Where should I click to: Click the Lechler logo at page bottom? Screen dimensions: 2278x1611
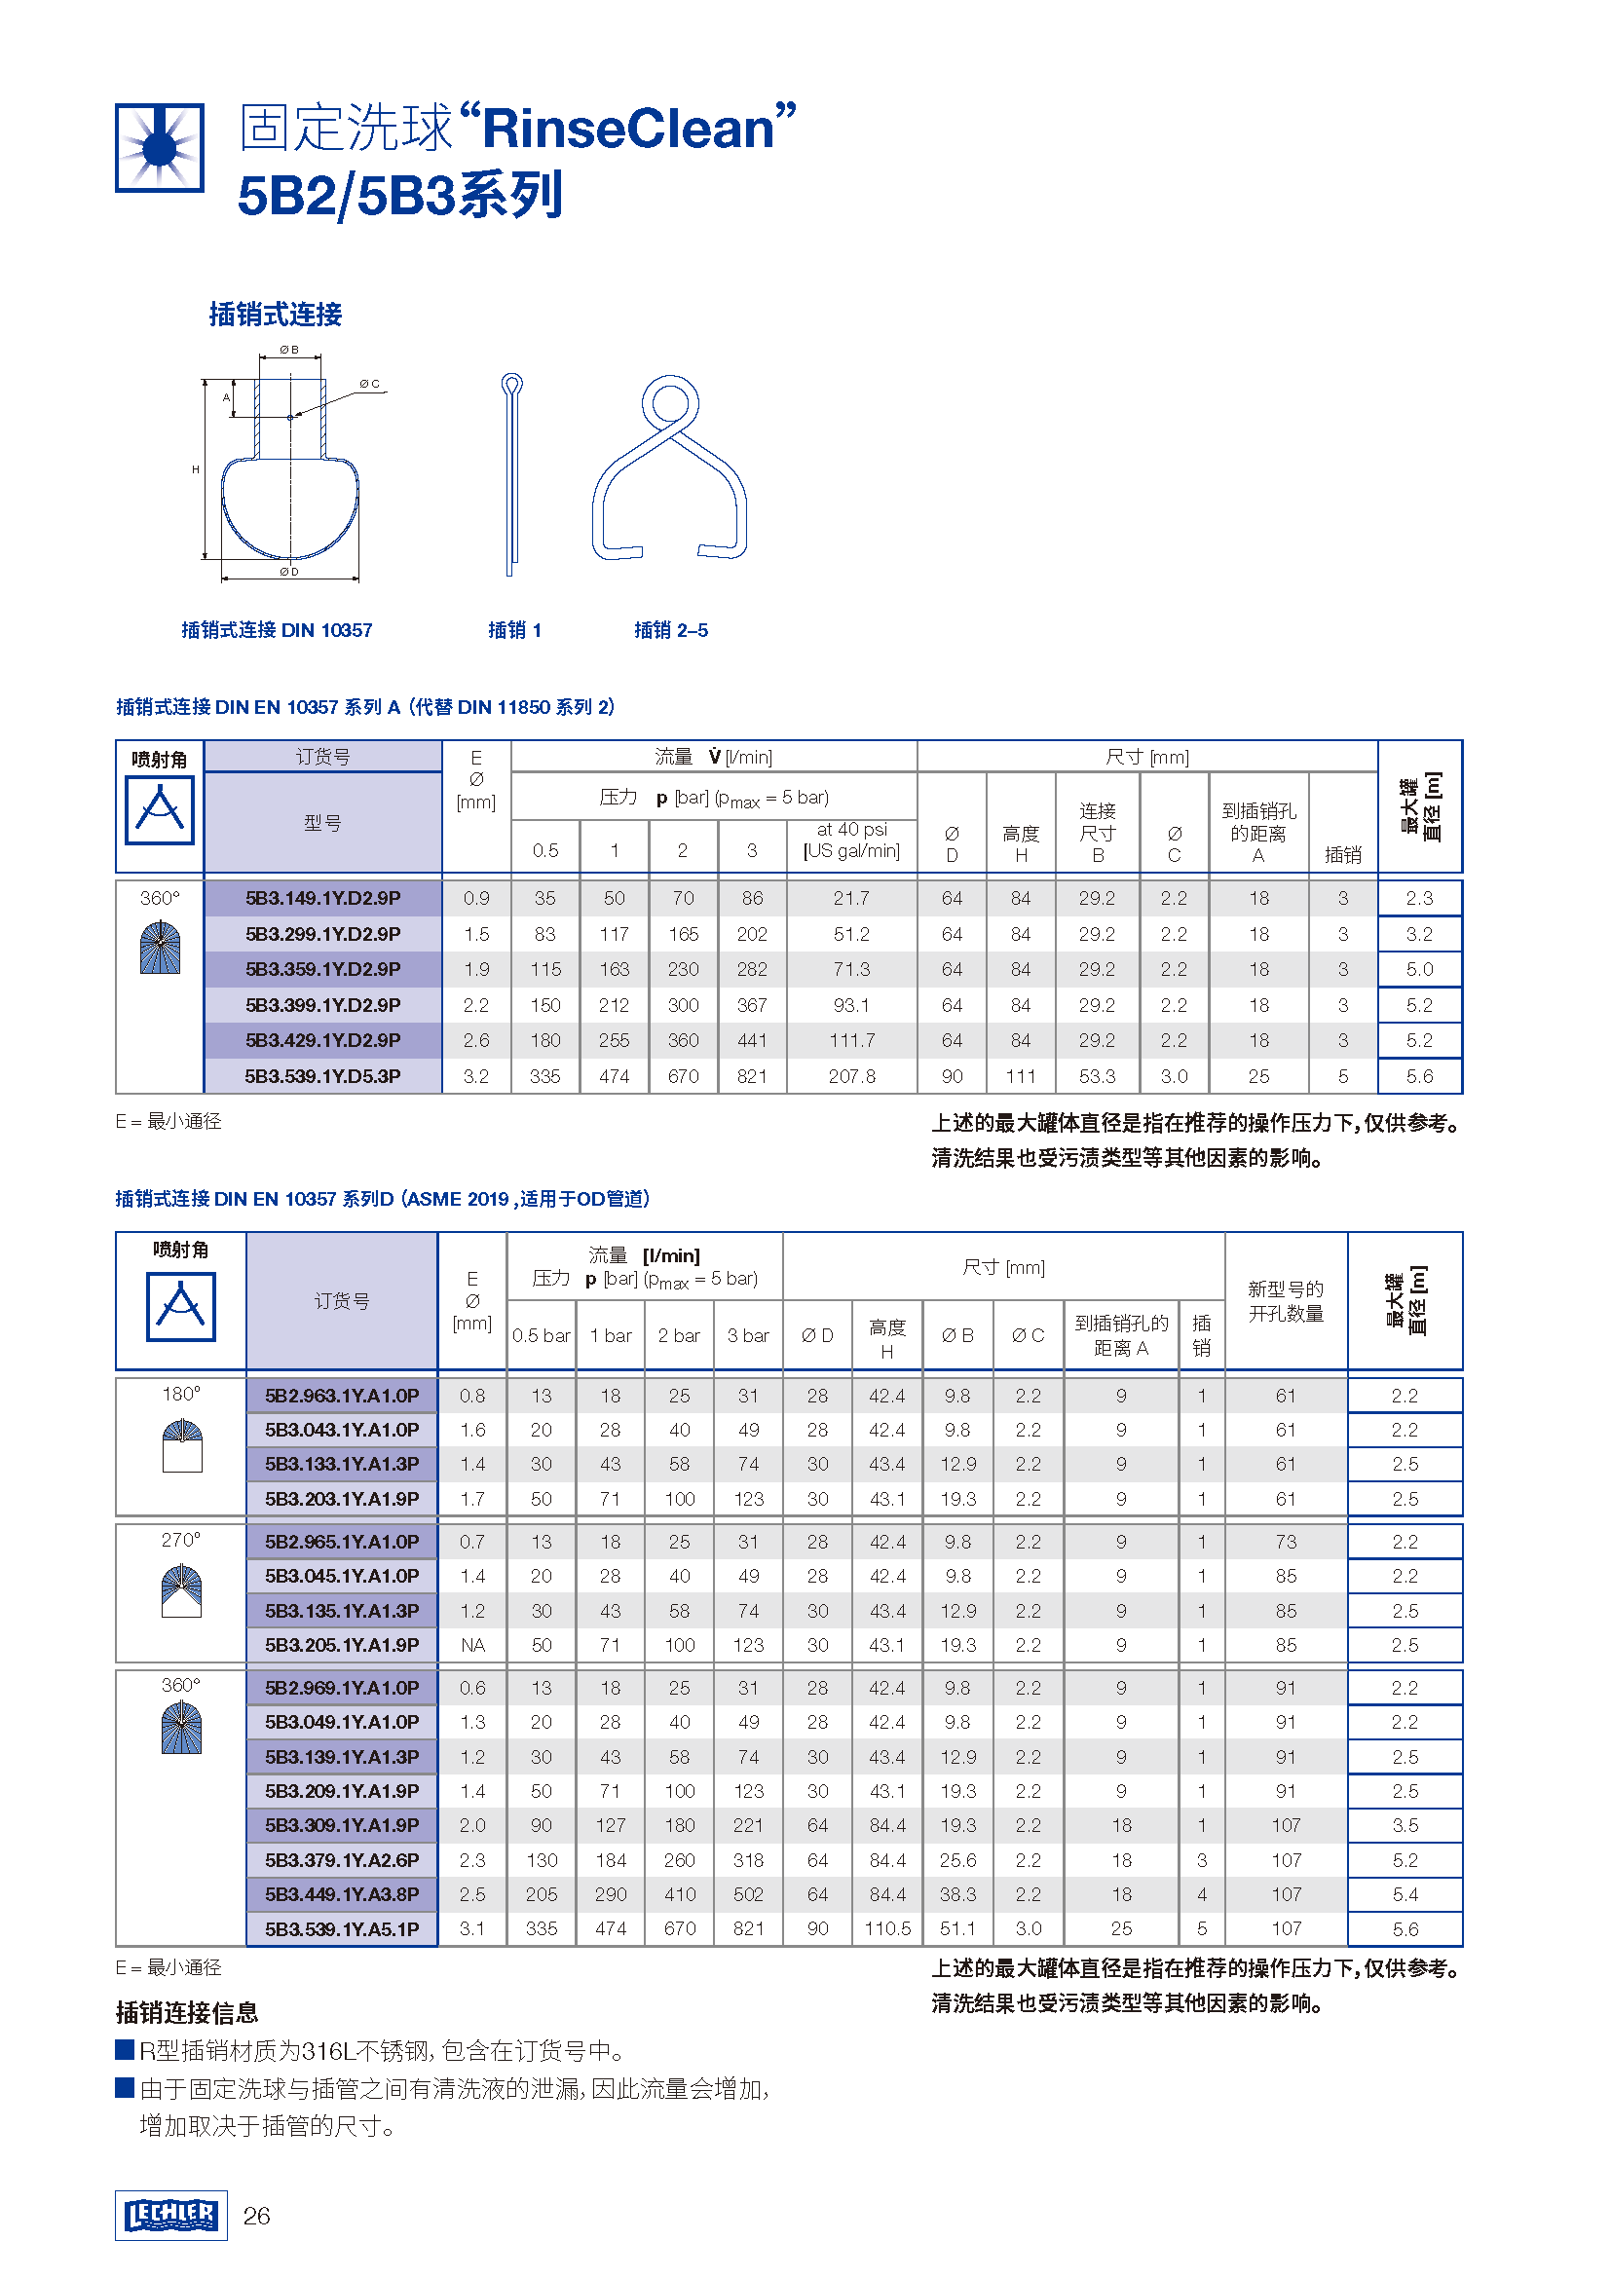coord(170,2216)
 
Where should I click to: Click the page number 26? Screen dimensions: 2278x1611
coord(257,2217)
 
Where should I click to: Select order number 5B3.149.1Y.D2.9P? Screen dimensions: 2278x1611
coord(322,898)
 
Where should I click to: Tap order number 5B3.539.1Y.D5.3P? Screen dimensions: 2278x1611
coord(322,1076)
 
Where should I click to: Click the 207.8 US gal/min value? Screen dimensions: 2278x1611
coord(851,1076)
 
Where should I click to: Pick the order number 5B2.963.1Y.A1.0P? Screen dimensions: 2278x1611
coord(341,1396)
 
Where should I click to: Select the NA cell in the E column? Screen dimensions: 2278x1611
coord(472,1645)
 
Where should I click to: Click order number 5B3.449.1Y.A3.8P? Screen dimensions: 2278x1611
coord(341,1894)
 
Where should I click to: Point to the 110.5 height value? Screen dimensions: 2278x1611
coord(887,1928)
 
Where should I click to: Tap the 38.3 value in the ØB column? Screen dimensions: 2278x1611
coord(957,1894)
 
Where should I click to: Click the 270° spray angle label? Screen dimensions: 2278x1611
coord(180,1540)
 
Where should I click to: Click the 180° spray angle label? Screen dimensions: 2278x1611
coord(180,1394)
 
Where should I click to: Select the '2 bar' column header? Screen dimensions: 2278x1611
coord(679,1336)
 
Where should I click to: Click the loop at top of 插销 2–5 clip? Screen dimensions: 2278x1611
coord(669,403)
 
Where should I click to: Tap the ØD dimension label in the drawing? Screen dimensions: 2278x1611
coord(288,572)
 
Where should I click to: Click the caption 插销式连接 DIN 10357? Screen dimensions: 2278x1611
coord(277,630)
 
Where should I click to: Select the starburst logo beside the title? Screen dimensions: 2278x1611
coord(160,148)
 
